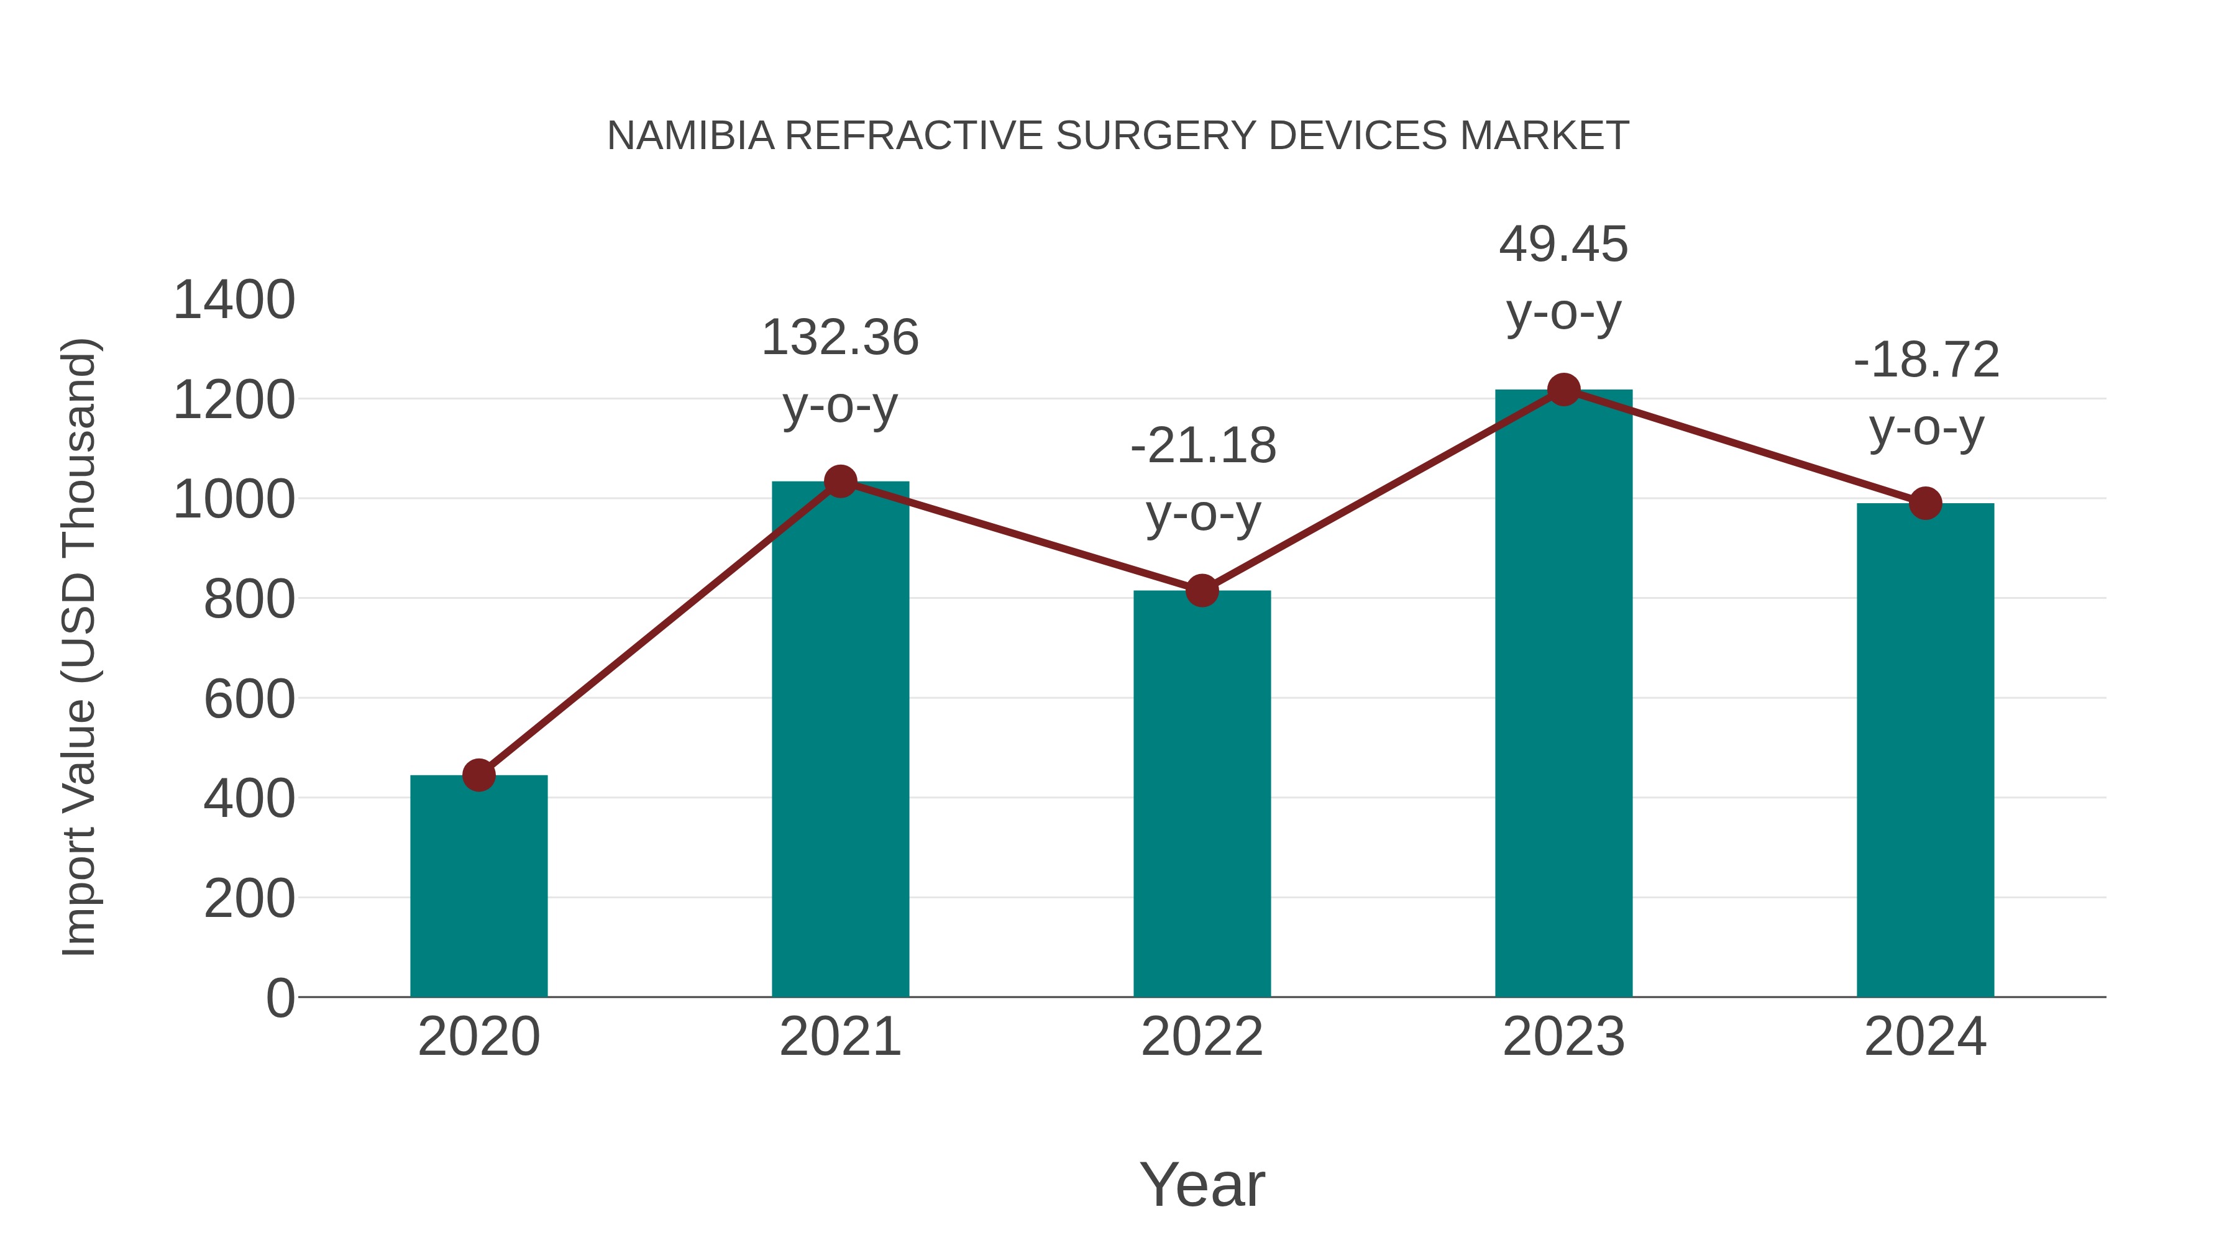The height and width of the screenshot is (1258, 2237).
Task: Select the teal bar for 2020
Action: click(x=478, y=885)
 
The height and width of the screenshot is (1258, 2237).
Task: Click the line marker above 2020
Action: click(x=478, y=775)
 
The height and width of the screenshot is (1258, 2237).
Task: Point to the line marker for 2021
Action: click(x=839, y=481)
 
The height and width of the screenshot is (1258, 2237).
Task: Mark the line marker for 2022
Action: click(x=1202, y=590)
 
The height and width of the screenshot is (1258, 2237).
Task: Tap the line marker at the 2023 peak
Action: click(x=1563, y=390)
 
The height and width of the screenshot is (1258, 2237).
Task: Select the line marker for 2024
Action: click(x=1925, y=503)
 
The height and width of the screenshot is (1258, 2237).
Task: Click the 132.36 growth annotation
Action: click(x=839, y=339)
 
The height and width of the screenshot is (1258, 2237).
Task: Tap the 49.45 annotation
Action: click(x=1563, y=245)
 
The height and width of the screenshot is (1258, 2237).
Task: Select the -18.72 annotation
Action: click(x=1926, y=361)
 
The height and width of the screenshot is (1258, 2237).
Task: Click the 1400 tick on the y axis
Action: click(x=234, y=301)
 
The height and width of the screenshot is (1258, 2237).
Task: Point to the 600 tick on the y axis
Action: click(x=249, y=700)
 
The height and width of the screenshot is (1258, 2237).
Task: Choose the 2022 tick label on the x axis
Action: click(x=1202, y=1037)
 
